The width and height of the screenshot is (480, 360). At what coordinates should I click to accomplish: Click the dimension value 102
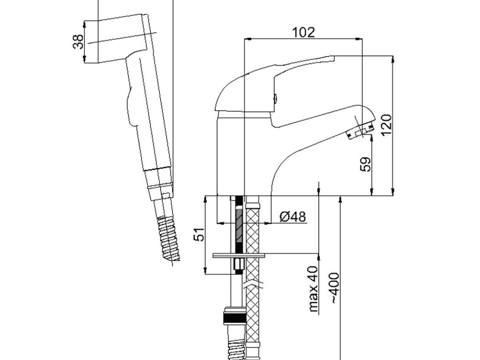[x=304, y=32]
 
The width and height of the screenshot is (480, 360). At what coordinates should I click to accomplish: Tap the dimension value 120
[x=386, y=125]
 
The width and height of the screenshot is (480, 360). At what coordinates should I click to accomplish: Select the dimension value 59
[x=366, y=164]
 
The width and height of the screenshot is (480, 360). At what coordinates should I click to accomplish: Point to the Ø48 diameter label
[x=292, y=217]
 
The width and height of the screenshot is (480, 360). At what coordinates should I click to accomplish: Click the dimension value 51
[x=200, y=234]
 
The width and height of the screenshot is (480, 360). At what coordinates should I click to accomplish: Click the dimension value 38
[x=78, y=41]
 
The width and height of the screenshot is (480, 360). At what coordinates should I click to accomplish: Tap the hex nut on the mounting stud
[x=239, y=267]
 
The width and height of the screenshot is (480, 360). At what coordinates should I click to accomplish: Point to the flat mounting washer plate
[x=239, y=255]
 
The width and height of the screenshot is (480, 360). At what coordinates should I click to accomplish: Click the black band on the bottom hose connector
[x=234, y=319]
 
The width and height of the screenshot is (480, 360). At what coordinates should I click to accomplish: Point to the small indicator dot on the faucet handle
[x=276, y=99]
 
